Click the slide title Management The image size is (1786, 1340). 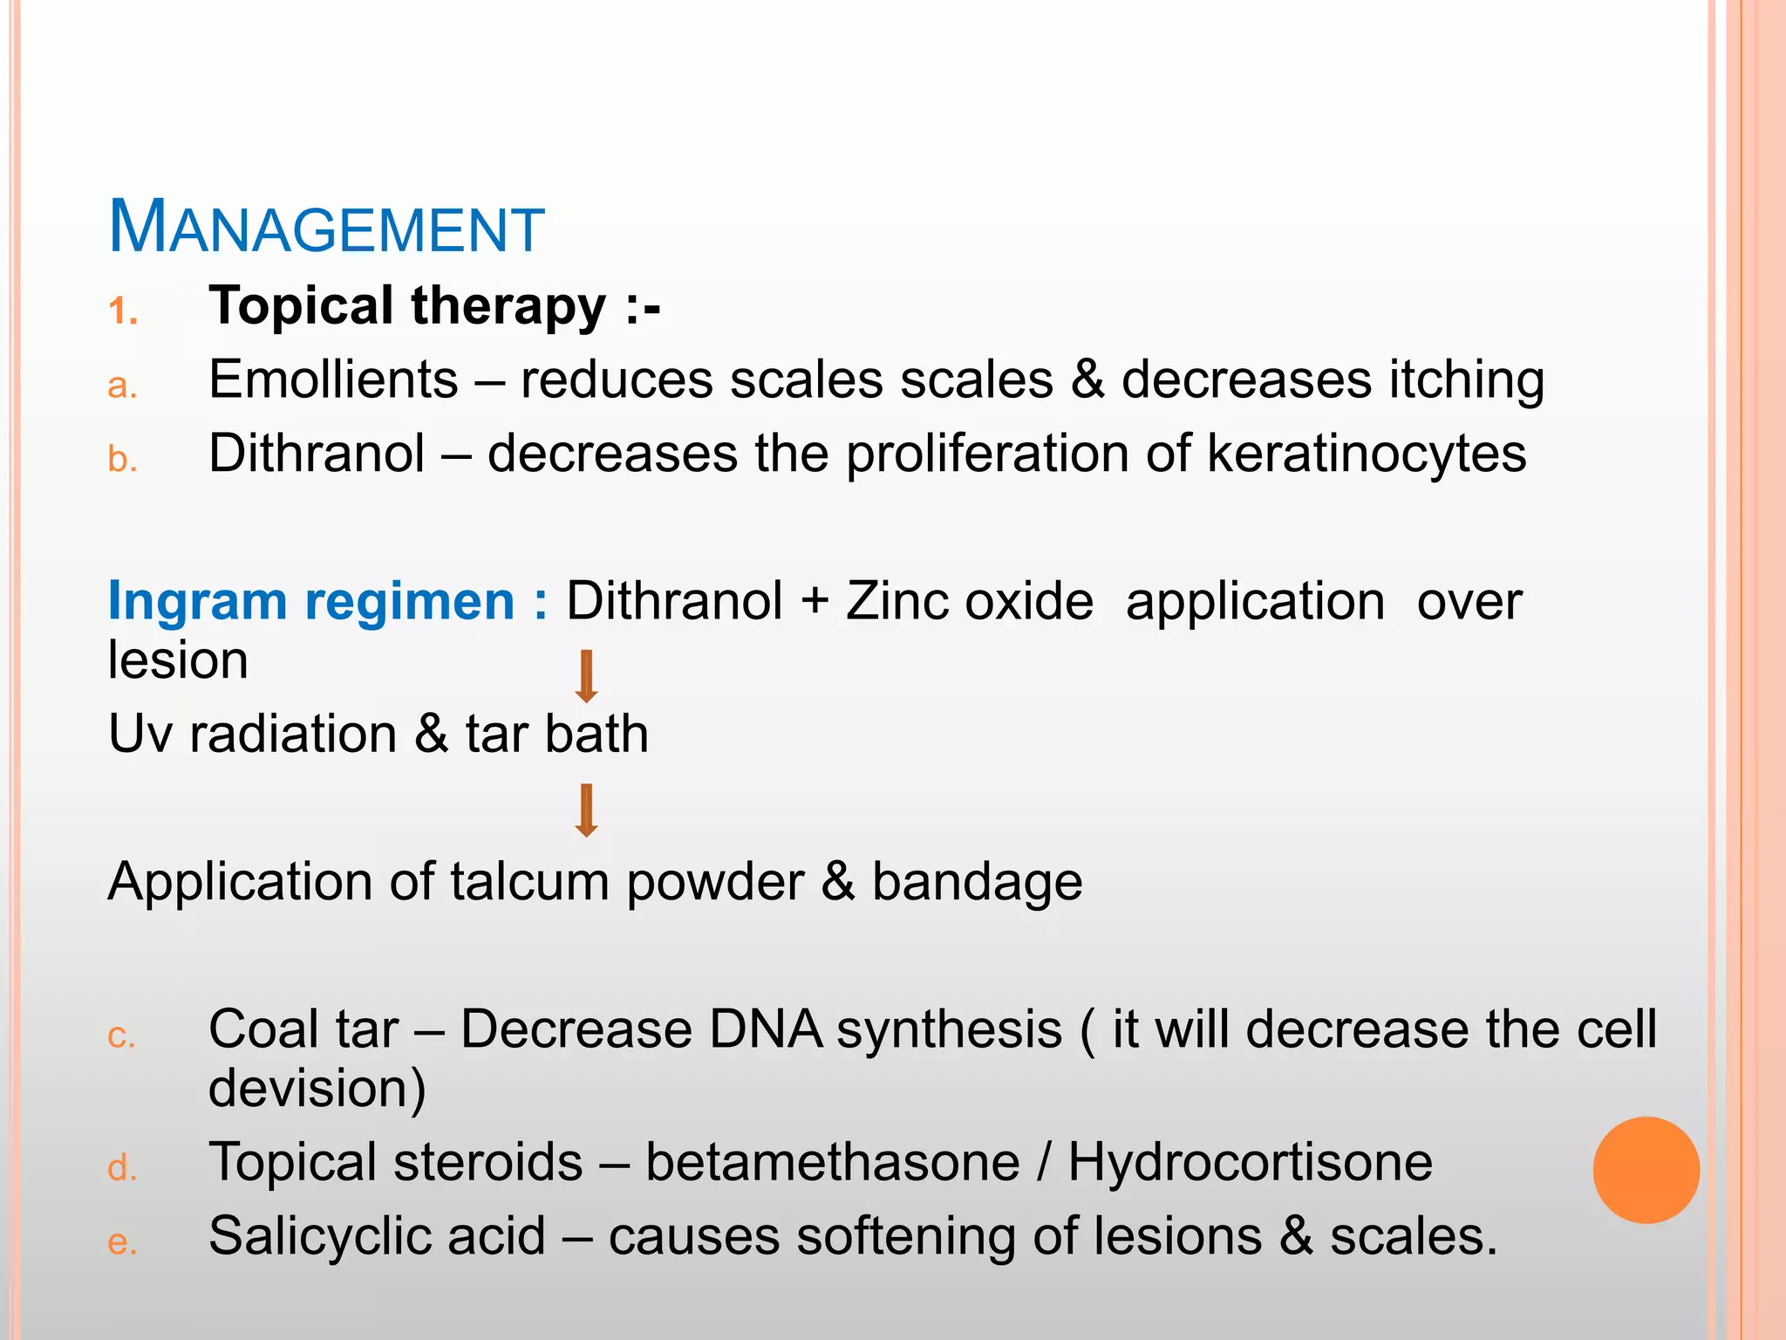coord(326,228)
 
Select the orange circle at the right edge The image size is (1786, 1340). coord(1646,1170)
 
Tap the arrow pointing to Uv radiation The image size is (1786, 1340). coord(587,676)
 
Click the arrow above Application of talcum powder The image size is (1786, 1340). coord(587,810)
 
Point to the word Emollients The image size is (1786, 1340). coord(333,379)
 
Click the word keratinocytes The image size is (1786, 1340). coord(1367,454)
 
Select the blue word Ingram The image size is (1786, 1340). coord(197,602)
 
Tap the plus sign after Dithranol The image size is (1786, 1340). coord(815,602)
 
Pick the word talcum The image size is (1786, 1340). coord(529,881)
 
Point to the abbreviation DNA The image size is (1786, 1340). coord(766,1029)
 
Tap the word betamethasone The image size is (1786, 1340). coord(832,1162)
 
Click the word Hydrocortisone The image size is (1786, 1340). coord(1250,1162)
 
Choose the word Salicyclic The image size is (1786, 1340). coord(377,1236)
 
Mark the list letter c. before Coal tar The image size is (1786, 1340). coord(122,1036)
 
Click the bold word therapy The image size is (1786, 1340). coord(508,307)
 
